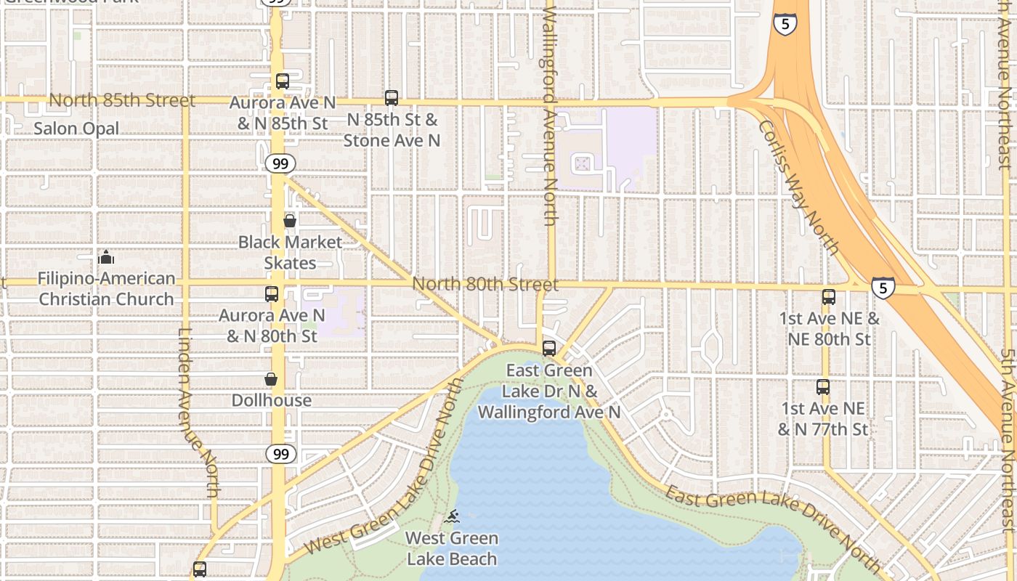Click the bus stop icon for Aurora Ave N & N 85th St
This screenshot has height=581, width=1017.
pyautogui.click(x=283, y=81)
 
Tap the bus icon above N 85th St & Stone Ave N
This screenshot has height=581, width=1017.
pyautogui.click(x=392, y=97)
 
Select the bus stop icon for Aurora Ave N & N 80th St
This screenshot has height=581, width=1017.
pyautogui.click(x=272, y=294)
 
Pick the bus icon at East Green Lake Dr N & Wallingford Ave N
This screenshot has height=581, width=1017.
pyautogui.click(x=549, y=349)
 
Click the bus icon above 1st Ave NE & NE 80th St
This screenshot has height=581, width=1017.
pyautogui.click(x=829, y=297)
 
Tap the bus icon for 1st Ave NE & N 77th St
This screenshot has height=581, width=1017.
pyautogui.click(x=823, y=387)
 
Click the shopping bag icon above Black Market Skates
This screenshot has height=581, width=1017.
pyautogui.click(x=290, y=221)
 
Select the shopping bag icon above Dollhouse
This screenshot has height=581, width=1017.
pyautogui.click(x=271, y=379)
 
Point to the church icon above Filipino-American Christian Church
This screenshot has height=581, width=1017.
pyautogui.click(x=107, y=257)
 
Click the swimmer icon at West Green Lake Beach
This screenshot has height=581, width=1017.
pyautogui.click(x=452, y=517)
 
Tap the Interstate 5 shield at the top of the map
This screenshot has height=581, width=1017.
pyautogui.click(x=785, y=24)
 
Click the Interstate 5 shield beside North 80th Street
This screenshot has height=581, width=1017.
pyautogui.click(x=883, y=288)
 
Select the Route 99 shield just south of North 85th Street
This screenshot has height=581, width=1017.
pyautogui.click(x=280, y=163)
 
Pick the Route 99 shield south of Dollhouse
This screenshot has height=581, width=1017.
pyautogui.click(x=280, y=454)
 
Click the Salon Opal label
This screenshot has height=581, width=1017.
pyautogui.click(x=76, y=129)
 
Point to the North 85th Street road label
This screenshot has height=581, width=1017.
pyautogui.click(x=122, y=100)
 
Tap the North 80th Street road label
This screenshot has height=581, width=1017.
pyautogui.click(x=485, y=284)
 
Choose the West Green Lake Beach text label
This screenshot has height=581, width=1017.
pyautogui.click(x=452, y=548)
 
